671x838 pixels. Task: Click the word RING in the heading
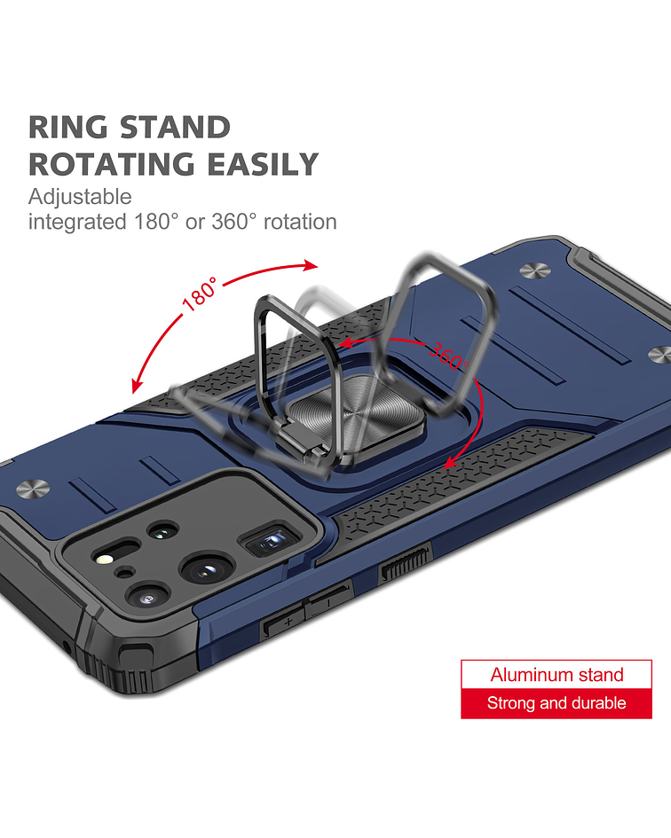[x=68, y=127]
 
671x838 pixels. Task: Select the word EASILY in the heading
[x=263, y=164]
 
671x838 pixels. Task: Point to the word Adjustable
[x=80, y=197]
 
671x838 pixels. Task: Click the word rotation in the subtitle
[x=300, y=222]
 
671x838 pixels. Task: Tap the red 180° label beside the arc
[x=200, y=294]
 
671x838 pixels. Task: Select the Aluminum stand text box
[x=557, y=675]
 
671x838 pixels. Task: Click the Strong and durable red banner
[x=557, y=703]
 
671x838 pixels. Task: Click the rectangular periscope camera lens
[x=271, y=541]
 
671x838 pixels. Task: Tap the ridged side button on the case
[x=405, y=564]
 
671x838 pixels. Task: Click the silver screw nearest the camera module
[x=33, y=489]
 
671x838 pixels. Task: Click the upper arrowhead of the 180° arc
[x=311, y=265]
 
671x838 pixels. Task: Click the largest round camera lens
[x=208, y=569]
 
